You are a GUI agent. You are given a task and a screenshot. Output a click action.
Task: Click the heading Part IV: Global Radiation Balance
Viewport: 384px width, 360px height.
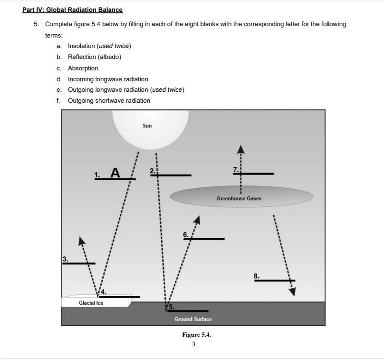pyautogui.click(x=72, y=10)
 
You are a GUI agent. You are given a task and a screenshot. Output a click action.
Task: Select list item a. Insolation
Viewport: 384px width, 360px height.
pyautogui.click(x=99, y=46)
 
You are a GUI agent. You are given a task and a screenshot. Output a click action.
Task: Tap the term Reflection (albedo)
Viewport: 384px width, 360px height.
pyautogui.click(x=95, y=57)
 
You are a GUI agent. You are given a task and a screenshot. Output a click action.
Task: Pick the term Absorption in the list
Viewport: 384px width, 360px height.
pyautogui.click(x=83, y=68)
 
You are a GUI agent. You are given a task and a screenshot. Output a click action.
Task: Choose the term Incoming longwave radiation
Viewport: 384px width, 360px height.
pyautogui.click(x=108, y=79)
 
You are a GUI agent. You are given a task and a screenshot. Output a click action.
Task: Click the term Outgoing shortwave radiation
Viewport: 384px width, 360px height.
pyautogui.click(x=109, y=100)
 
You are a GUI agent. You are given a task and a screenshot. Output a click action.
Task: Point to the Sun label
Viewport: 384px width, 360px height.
pyautogui.click(x=147, y=126)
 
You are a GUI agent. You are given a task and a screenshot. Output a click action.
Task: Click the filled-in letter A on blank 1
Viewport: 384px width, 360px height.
pyautogui.click(x=115, y=172)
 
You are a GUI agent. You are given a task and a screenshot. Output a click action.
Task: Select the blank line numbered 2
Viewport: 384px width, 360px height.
pyautogui.click(x=173, y=175)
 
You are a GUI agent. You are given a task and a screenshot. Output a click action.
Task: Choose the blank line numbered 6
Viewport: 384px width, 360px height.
pyautogui.click(x=204, y=238)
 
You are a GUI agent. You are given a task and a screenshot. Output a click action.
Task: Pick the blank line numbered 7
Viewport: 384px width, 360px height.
pyautogui.click(x=254, y=174)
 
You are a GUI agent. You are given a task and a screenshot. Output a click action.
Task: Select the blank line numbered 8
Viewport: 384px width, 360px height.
pyautogui.click(x=274, y=280)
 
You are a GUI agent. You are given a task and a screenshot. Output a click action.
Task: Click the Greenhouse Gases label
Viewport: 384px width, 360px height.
pyautogui.click(x=239, y=198)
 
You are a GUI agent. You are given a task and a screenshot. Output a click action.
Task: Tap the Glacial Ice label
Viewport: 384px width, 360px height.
pyautogui.click(x=91, y=303)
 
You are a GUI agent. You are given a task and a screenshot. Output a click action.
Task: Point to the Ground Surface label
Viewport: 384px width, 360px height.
pyautogui.click(x=193, y=319)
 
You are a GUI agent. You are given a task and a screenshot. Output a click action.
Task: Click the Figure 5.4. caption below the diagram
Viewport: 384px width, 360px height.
pyautogui.click(x=196, y=335)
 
